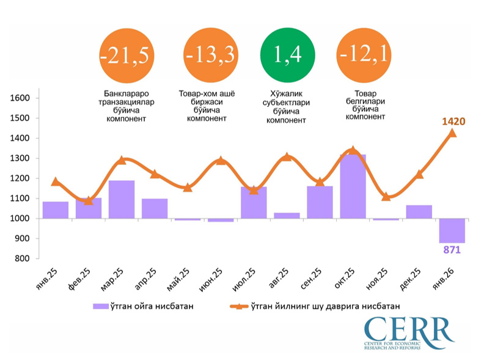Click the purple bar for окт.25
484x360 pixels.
(353, 186)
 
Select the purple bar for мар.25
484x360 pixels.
(122, 199)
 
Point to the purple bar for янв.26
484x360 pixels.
(452, 230)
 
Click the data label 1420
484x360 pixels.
(453, 122)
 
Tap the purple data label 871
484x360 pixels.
(452, 250)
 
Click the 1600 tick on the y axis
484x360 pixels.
(20, 98)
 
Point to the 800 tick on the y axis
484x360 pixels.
(23, 259)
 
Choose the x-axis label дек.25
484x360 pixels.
(413, 281)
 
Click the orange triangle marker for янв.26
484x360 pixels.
(452, 133)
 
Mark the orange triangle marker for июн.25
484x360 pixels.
(221, 161)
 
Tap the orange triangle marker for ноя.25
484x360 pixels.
(386, 196)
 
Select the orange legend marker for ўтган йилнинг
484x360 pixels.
(240, 307)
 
